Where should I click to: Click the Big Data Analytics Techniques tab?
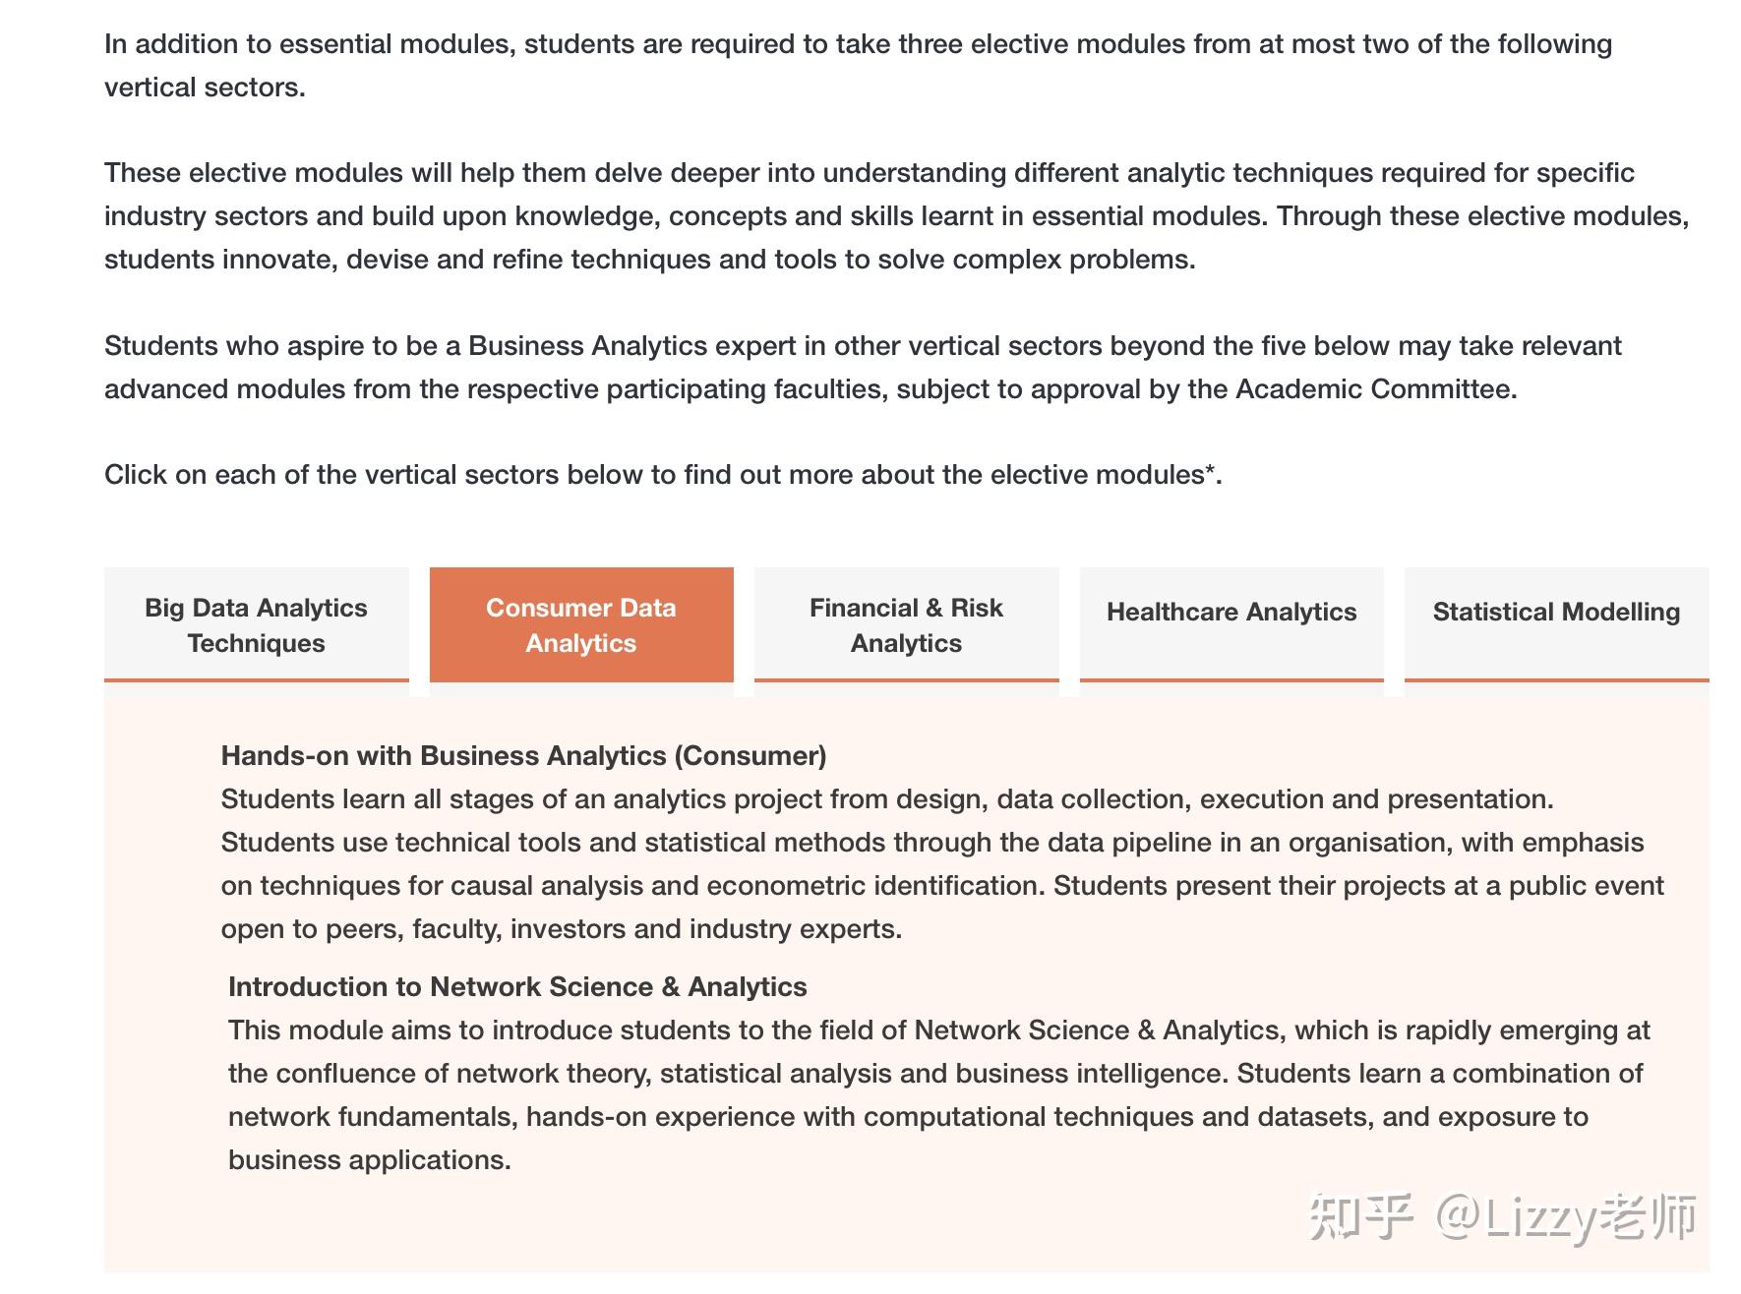tap(256, 624)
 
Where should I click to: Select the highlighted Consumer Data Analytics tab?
tap(581, 624)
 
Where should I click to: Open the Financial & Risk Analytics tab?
tap(906, 624)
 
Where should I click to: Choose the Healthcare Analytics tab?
tap(1231, 613)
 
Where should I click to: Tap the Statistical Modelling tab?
tap(1556, 613)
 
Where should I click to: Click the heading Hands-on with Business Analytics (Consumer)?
tap(523, 756)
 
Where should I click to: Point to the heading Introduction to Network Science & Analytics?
tap(517, 987)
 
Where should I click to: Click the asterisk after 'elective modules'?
tap(1211, 472)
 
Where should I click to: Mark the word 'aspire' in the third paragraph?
tap(326, 346)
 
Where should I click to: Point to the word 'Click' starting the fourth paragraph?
tap(136, 475)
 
